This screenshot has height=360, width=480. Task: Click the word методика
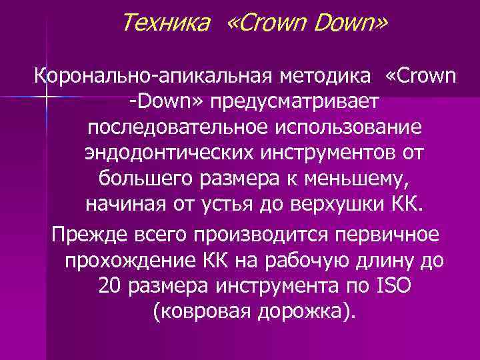(x=322, y=76)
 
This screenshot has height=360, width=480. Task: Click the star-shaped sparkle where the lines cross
(x=47, y=99)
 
